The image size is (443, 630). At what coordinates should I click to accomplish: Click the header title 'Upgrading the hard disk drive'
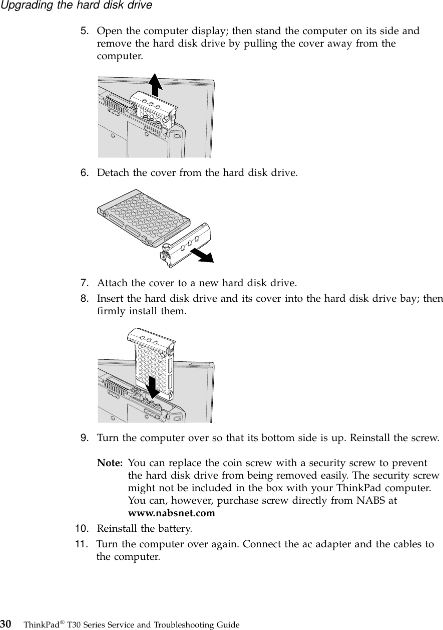pyautogui.click(x=76, y=6)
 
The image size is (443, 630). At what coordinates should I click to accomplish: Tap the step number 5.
pyautogui.click(x=86, y=31)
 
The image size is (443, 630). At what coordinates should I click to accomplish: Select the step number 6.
pyautogui.click(x=86, y=173)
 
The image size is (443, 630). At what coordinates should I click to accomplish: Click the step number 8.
pyautogui.click(x=86, y=299)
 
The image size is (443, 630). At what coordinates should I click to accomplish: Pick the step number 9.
pyautogui.click(x=86, y=438)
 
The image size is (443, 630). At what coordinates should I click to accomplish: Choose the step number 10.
pyautogui.click(x=83, y=529)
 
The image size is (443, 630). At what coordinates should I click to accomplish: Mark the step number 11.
pyautogui.click(x=83, y=544)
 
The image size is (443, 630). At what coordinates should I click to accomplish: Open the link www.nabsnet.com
pyautogui.click(x=172, y=514)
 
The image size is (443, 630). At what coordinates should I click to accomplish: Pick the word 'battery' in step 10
pyautogui.click(x=174, y=529)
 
